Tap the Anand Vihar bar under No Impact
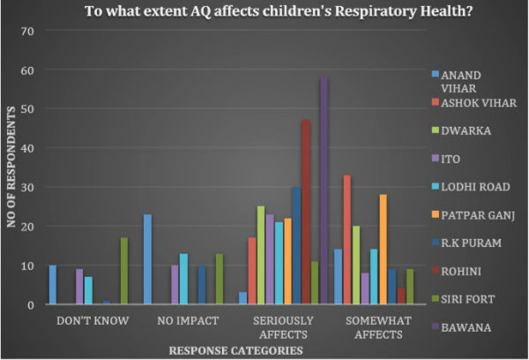click(x=147, y=259)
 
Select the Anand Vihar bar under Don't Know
click(x=52, y=285)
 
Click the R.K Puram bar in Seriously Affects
click(x=296, y=245)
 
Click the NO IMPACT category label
click(x=184, y=322)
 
